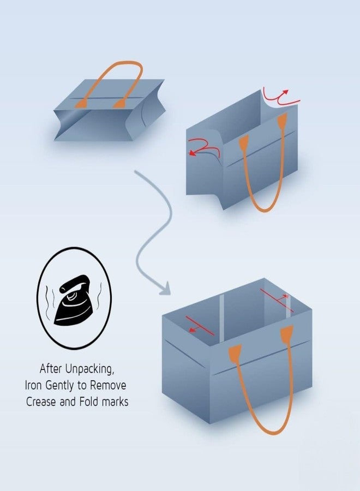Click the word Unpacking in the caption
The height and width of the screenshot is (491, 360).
(x=89, y=369)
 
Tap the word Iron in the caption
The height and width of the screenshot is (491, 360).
(x=33, y=385)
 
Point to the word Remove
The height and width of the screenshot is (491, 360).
(x=108, y=385)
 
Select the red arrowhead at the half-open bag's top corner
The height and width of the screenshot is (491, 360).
(x=285, y=92)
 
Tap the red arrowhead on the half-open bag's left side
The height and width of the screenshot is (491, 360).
(x=192, y=153)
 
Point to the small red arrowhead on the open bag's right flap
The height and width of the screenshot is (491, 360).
(x=285, y=296)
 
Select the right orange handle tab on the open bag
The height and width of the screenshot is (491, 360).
(x=286, y=334)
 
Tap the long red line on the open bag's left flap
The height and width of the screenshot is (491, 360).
(x=200, y=326)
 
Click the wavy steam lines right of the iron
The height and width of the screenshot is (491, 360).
(x=100, y=295)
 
